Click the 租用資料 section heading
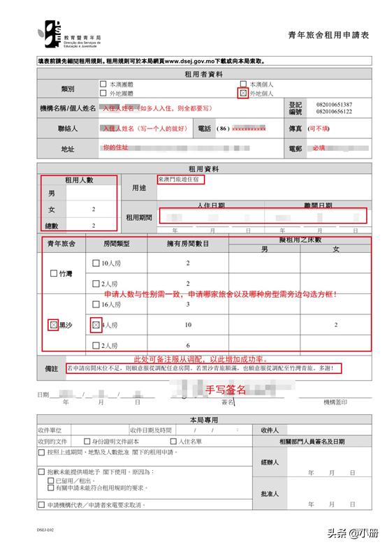(203, 170)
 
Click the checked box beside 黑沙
(53, 325)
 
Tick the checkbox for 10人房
(97, 263)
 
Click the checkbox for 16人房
(97, 305)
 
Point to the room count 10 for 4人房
(188, 326)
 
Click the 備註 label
(50, 368)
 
